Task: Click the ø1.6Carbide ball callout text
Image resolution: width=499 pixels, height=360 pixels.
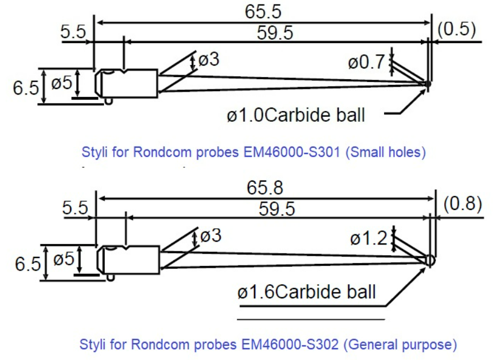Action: pyautogui.click(x=306, y=292)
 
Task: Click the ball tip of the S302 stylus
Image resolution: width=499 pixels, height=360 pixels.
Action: pyautogui.click(x=431, y=260)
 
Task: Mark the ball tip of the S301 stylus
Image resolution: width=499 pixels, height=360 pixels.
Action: pyautogui.click(x=427, y=84)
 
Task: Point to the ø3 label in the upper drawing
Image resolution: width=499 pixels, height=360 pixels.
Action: pyautogui.click(x=209, y=59)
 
